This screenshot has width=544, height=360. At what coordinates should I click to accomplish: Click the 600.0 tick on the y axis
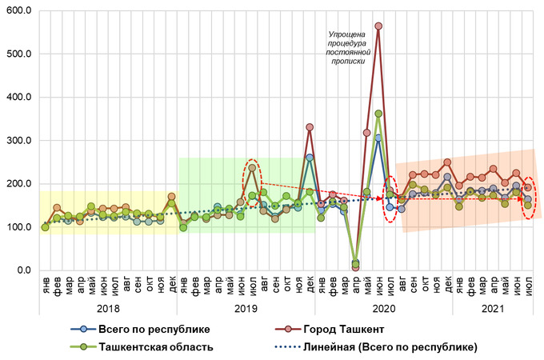[x=18, y=10]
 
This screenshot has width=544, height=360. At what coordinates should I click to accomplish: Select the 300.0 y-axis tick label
[x=18, y=141]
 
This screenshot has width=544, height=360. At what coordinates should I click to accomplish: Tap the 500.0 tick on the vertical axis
[x=18, y=54]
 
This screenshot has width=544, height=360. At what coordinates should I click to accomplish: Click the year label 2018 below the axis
[x=108, y=309]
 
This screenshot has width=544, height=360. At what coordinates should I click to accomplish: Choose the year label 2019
[x=246, y=309]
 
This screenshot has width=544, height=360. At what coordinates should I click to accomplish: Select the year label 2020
[x=383, y=309]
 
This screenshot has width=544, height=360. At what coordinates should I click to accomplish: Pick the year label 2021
[x=493, y=309]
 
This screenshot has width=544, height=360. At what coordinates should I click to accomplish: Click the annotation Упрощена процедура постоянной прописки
[x=347, y=47]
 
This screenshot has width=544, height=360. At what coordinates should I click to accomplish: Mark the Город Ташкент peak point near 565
[x=378, y=26]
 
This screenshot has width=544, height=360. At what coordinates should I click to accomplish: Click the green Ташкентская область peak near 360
[x=378, y=114]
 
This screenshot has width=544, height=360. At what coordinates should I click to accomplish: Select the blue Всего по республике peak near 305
[x=378, y=138]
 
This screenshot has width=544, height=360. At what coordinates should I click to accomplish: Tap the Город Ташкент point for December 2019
[x=310, y=127]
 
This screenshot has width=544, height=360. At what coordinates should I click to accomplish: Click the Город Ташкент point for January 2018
[x=45, y=227]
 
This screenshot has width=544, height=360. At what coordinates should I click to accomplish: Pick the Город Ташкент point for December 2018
[x=171, y=196]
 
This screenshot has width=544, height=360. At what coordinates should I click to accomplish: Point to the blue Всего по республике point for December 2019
[x=310, y=158]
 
